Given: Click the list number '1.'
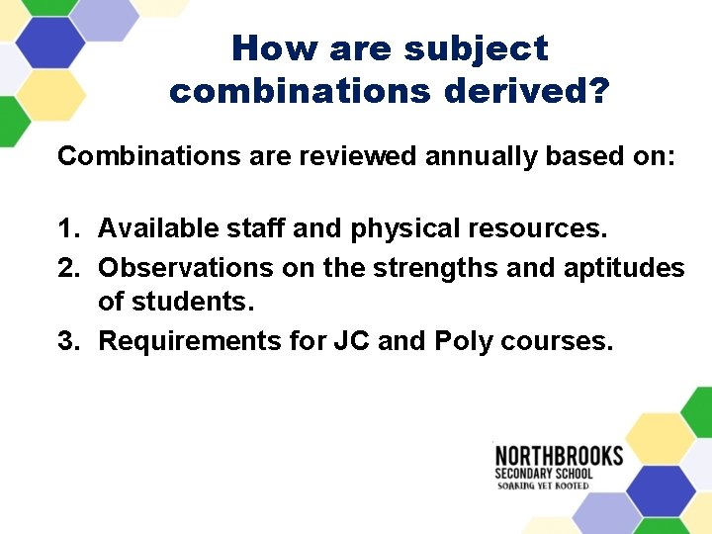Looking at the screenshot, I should coord(69,229).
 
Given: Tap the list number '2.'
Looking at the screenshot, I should coord(69,267).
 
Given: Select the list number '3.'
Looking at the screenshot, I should coord(69,341).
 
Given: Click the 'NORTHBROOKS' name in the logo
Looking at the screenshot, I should coord(559,456).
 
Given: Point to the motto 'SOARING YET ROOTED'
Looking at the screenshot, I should coord(542,486).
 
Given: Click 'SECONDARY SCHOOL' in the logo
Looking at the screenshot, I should coord(544,473).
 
